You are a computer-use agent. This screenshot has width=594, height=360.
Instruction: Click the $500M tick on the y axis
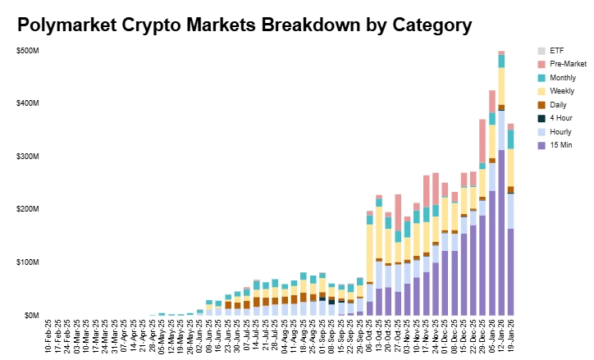tap(27, 51)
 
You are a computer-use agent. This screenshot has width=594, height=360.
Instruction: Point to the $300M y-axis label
tap(27, 157)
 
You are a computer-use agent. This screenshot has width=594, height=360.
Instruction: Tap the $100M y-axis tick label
tap(27, 262)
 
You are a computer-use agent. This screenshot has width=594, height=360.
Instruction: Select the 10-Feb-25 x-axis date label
tap(48, 337)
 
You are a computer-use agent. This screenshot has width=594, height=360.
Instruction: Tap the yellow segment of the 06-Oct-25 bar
tap(370, 254)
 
